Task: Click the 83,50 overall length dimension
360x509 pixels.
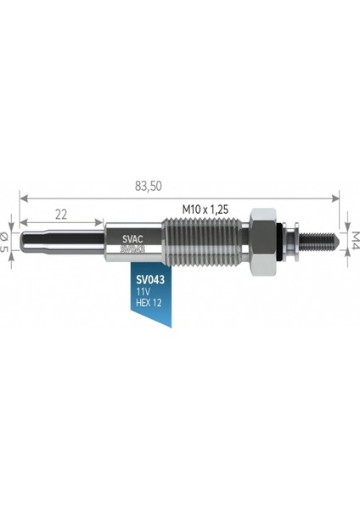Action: tap(148, 186)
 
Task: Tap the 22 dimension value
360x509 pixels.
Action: tap(61, 215)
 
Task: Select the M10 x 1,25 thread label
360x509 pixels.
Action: tap(205, 210)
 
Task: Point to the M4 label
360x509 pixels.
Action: tap(355, 240)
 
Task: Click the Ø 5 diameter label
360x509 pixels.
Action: tap(3, 242)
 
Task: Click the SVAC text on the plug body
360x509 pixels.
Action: tap(132, 239)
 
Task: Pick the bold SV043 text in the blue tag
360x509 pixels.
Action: tap(150, 279)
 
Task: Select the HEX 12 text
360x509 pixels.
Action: tap(149, 303)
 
